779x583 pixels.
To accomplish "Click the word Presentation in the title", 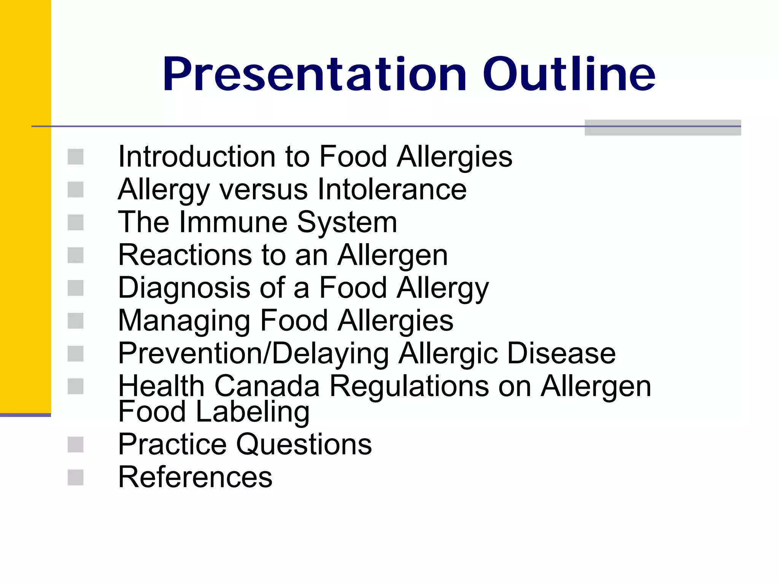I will tap(314, 75).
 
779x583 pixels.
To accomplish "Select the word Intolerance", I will tap(392, 189).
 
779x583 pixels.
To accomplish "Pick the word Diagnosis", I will tap(184, 288).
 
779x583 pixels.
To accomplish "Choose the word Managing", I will tap(184, 321).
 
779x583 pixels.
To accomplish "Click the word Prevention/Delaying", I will tap(253, 354).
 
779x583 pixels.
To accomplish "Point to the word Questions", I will tap(304, 444).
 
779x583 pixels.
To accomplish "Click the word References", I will tap(195, 477).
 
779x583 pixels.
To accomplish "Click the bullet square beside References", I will tap(75, 477).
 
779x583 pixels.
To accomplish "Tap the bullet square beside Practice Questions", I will tap(75, 445).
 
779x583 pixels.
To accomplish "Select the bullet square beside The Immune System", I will tap(75, 222).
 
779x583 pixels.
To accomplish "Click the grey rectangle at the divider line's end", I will tap(662, 128).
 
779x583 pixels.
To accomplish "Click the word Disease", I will tap(561, 353).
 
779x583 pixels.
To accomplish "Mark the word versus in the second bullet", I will tap(263, 189).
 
